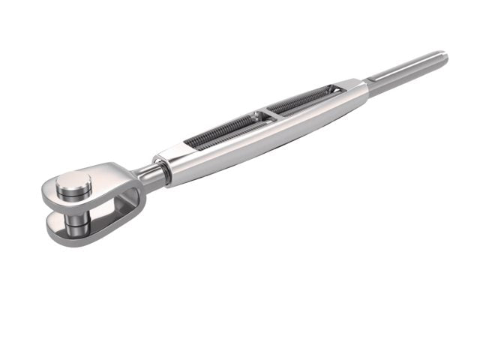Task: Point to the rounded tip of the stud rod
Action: pyautogui.click(x=443, y=56)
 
